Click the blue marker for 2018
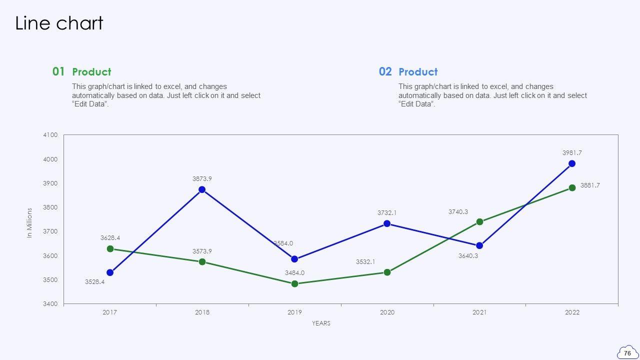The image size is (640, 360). click(x=202, y=189)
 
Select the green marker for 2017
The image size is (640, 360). click(x=110, y=248)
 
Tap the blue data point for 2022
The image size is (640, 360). click(x=572, y=163)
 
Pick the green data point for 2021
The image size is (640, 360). click(x=479, y=221)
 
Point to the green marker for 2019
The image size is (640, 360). click(x=294, y=283)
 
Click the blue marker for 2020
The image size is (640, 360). click(x=387, y=223)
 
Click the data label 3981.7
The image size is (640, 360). click(x=572, y=153)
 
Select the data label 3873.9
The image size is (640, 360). click(x=202, y=178)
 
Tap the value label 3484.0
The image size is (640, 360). click(x=294, y=273)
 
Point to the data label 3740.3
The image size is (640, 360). click(x=458, y=212)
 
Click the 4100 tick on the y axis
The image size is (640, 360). click(x=50, y=135)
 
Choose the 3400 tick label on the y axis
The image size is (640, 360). click(x=50, y=304)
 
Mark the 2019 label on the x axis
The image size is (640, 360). click(x=294, y=312)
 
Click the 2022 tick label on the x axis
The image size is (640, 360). click(x=572, y=312)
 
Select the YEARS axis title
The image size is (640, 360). click(x=321, y=323)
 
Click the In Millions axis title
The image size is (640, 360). click(x=29, y=222)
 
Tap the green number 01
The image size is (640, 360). click(x=58, y=71)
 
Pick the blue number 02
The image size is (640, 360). click(x=385, y=71)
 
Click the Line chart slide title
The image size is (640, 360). click(x=59, y=23)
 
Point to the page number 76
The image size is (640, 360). click(x=627, y=353)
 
